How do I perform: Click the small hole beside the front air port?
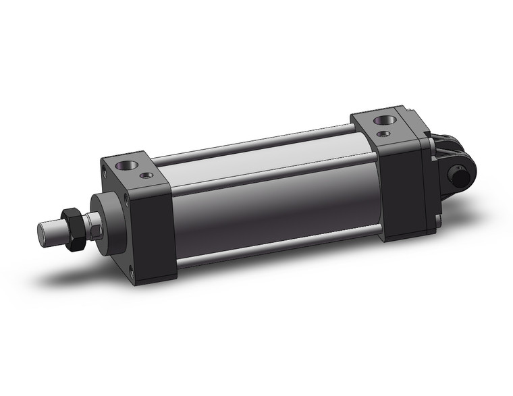[x=146, y=176]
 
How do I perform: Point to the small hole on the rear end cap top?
[x=385, y=134]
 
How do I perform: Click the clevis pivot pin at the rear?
[x=461, y=177]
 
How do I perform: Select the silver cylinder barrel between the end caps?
[x=270, y=196]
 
